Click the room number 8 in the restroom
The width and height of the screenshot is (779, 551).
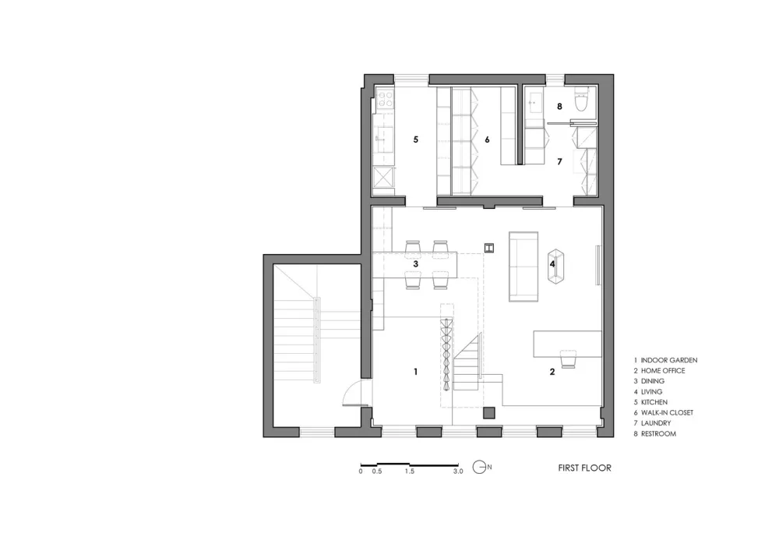559,106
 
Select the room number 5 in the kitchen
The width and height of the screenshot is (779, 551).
416,140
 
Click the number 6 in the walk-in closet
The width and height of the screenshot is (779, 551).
487,140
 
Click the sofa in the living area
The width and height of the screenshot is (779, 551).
523,265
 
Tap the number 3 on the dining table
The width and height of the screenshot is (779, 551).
416,264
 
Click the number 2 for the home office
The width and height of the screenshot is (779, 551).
552,372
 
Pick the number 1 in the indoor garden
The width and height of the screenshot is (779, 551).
416,372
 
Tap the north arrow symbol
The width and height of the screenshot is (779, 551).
481,468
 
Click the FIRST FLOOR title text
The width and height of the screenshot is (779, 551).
584,468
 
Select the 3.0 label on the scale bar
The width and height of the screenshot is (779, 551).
457,472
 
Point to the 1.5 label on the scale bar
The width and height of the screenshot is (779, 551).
409,472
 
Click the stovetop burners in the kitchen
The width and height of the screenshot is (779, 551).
384,100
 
